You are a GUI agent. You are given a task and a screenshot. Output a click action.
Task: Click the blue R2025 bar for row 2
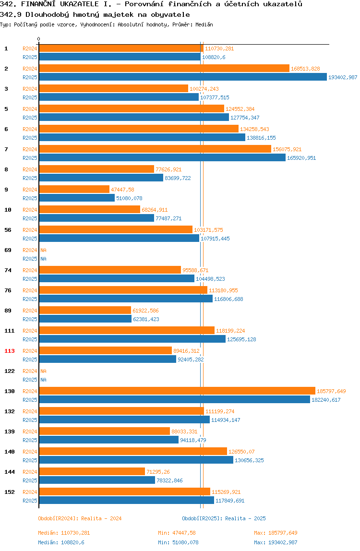[183, 77]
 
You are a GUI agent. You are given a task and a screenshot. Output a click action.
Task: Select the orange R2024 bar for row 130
[177, 391]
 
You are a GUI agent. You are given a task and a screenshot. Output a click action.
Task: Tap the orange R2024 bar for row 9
[74, 190]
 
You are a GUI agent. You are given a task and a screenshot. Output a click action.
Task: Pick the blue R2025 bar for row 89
[85, 319]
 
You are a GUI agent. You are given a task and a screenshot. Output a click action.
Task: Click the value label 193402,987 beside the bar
[343, 77]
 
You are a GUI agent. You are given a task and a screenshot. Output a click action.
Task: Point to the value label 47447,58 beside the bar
[123, 190]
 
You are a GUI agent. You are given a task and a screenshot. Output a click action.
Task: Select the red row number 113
[10, 351]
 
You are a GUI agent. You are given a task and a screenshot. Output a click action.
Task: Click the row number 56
[8, 230]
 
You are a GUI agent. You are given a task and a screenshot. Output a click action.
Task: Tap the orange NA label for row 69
[43, 250]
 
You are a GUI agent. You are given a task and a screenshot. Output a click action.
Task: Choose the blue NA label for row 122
[43, 380]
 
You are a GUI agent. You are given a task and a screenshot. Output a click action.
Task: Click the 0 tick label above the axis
[39, 39]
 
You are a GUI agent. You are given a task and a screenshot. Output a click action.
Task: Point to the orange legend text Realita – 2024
[101, 518]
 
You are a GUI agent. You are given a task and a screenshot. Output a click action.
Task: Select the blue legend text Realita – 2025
[245, 518]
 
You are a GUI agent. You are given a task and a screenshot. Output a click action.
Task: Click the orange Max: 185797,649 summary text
[276, 533]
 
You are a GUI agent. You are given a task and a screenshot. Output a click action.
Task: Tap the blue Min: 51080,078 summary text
[178, 542]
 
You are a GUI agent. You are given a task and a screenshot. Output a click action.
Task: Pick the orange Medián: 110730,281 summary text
[64, 533]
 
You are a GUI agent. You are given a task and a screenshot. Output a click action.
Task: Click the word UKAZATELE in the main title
[79, 4]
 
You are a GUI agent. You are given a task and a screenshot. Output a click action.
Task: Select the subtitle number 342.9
[11, 15]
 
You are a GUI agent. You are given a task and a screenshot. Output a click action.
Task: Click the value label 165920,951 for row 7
[301, 158]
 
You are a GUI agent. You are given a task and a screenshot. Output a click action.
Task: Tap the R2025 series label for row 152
[30, 501]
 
